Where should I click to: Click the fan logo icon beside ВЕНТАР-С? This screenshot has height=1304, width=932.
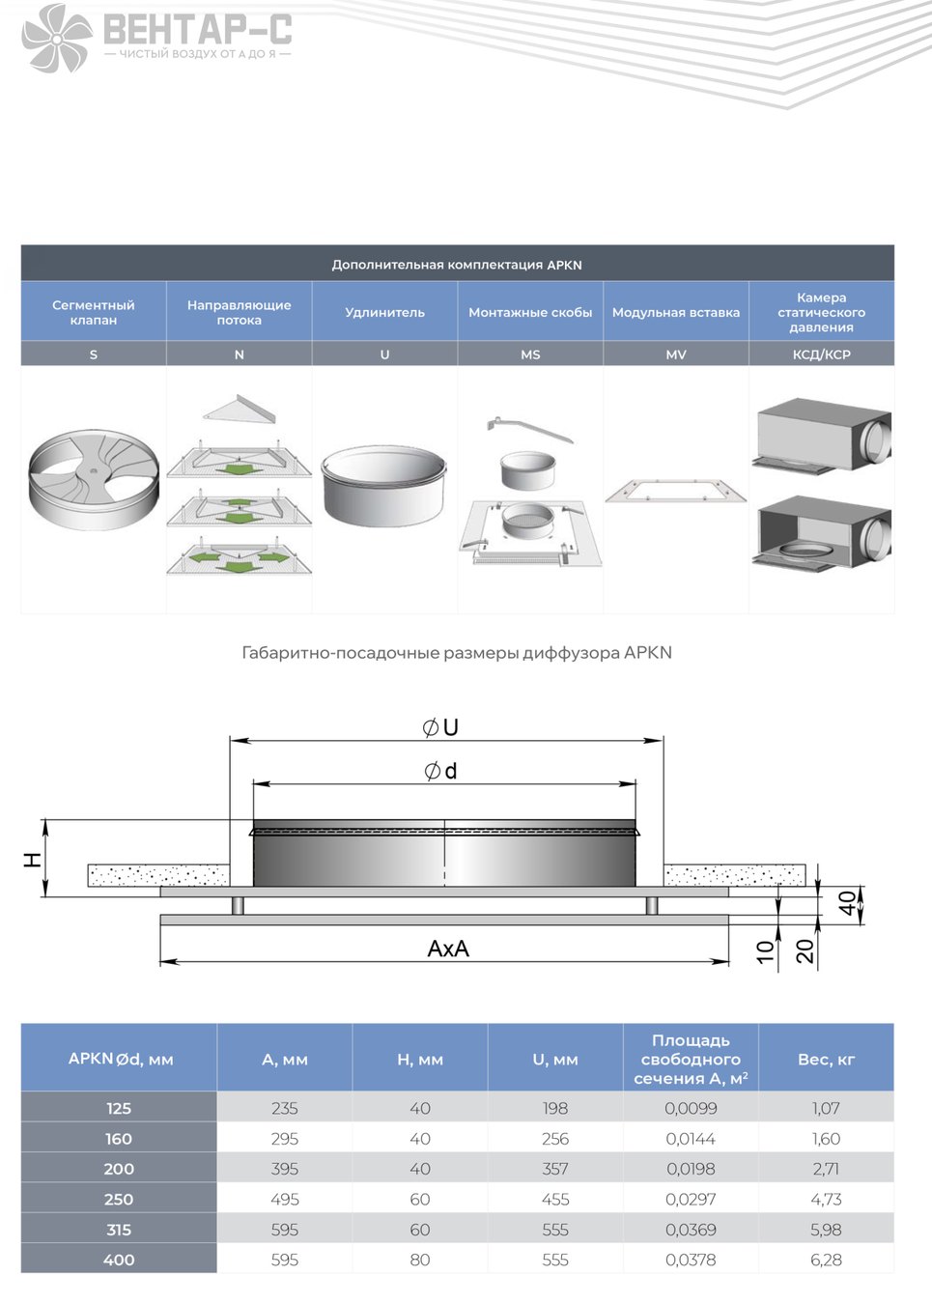(x=57, y=39)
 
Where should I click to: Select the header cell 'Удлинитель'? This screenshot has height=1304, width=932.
(x=384, y=312)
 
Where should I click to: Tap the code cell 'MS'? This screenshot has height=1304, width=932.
(x=530, y=354)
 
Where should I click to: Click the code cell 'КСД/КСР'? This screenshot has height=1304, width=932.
(x=821, y=354)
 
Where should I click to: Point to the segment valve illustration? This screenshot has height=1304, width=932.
(x=94, y=480)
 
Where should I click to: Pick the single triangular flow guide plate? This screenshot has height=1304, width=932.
(x=240, y=409)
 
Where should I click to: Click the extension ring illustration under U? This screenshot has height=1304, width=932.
(x=384, y=486)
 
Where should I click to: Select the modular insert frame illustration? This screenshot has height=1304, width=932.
(x=675, y=490)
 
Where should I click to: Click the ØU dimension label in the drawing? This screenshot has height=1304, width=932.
(x=440, y=727)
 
